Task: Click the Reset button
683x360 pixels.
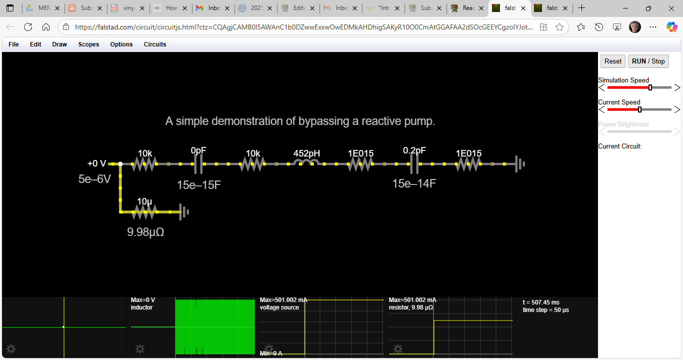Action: coord(612,61)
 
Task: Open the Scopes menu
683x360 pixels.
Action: coord(88,44)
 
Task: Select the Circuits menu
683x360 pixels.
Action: coord(155,44)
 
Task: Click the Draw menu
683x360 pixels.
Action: coord(59,44)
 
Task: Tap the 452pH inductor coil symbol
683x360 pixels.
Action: coord(306,163)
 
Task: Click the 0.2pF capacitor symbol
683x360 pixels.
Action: coord(414,163)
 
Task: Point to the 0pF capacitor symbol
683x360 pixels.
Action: coord(198,163)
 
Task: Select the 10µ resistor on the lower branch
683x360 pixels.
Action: coord(144,212)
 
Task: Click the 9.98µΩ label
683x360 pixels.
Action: coord(145,232)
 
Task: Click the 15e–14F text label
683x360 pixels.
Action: coord(414,183)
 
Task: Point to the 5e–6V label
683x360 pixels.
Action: coord(94,179)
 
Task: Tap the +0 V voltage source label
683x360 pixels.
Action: coord(97,163)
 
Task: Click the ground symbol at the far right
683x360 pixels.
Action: coord(520,163)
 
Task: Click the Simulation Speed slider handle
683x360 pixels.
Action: coord(650,87)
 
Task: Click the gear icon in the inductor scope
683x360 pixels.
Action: coord(140,349)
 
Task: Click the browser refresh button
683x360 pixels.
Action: coord(28,27)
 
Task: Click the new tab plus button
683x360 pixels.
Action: coord(581,8)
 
